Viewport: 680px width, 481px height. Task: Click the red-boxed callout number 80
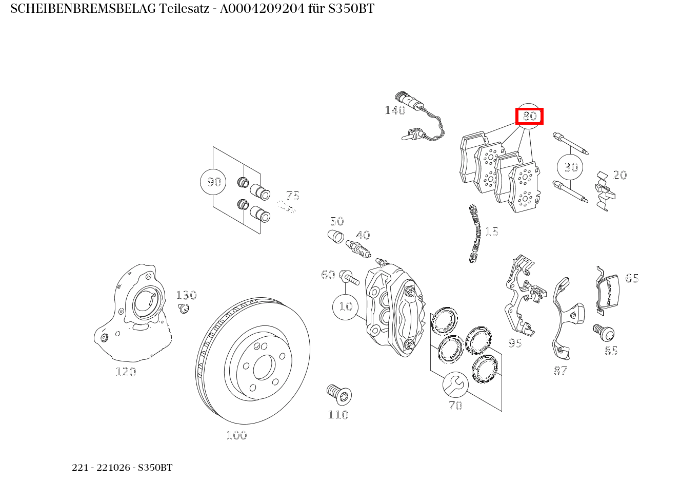coord(529,116)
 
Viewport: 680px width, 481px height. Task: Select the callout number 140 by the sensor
coord(395,110)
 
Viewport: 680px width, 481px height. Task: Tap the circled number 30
coord(571,167)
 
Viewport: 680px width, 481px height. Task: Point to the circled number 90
coord(214,182)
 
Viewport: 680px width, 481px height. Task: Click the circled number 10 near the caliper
coord(346,306)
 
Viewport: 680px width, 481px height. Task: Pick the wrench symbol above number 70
coord(455,385)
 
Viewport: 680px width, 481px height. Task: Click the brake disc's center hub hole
coord(264,367)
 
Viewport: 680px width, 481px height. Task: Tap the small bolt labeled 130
coord(184,309)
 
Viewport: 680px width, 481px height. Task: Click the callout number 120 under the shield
coord(126,371)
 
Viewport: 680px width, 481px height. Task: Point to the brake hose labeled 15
coord(474,234)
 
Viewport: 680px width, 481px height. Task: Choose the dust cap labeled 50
coord(335,237)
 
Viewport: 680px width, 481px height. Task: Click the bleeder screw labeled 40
coord(358,248)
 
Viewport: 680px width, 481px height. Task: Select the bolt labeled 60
coord(349,277)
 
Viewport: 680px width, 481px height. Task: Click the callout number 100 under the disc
coord(237,435)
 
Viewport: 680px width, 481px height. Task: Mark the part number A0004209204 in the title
coord(262,9)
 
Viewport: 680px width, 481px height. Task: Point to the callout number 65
coord(632,278)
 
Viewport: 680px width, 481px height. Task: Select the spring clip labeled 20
coord(605,191)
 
